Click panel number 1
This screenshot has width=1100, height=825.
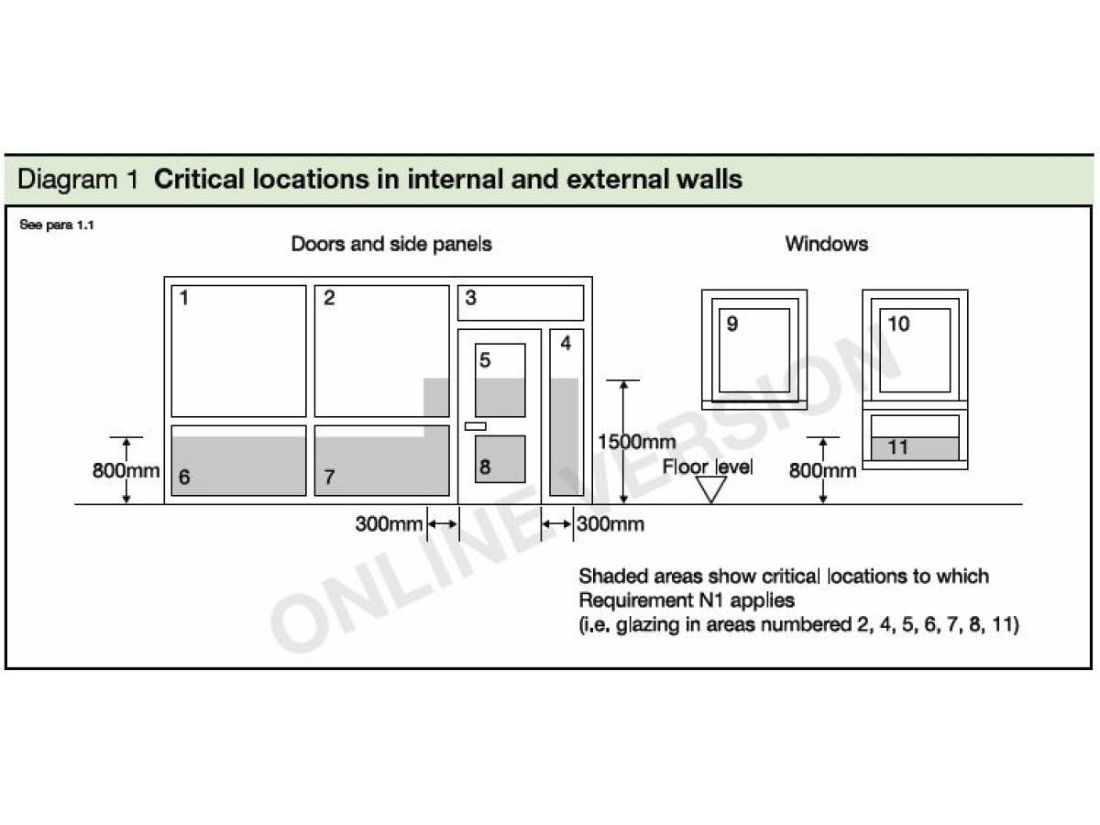[184, 298]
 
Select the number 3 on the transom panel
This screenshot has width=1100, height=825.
[470, 298]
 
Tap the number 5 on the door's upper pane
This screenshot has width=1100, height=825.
[486, 360]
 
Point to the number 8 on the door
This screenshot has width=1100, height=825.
[486, 467]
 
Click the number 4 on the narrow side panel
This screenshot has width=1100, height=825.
[566, 344]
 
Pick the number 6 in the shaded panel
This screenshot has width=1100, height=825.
[184, 478]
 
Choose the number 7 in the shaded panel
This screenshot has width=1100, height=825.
[329, 478]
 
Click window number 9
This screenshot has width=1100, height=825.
[731, 324]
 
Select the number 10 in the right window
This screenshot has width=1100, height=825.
[899, 324]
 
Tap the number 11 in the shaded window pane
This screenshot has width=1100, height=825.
[898, 447]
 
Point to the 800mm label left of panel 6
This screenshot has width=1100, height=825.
[126, 471]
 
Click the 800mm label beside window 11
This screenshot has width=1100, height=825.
[822, 471]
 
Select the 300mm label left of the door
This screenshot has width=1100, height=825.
[389, 524]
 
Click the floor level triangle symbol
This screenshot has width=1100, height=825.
[711, 489]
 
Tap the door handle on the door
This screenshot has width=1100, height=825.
[476, 426]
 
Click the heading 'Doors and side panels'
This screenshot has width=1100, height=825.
[391, 244]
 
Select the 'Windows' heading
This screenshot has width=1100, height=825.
[826, 244]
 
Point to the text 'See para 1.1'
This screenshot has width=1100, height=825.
[57, 225]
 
